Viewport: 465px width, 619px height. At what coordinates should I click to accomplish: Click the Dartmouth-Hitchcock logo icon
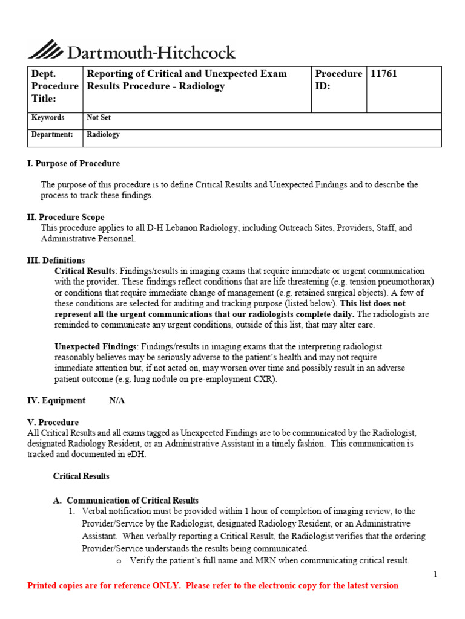[45, 49]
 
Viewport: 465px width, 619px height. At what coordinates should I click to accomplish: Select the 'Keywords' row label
[48, 118]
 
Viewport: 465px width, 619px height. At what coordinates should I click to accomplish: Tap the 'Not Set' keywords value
[99, 118]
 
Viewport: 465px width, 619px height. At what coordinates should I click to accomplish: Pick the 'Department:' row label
[52, 135]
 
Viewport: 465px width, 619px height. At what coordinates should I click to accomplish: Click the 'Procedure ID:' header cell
[338, 80]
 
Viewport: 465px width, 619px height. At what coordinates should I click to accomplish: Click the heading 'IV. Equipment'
[56, 401]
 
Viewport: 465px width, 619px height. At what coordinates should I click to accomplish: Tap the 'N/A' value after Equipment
[117, 401]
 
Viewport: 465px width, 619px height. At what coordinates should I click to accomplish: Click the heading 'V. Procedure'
[53, 422]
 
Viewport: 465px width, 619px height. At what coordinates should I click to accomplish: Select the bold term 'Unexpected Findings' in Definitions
[96, 346]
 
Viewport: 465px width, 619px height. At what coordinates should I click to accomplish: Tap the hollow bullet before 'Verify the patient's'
[118, 561]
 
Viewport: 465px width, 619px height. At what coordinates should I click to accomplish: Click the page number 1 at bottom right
[435, 574]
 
